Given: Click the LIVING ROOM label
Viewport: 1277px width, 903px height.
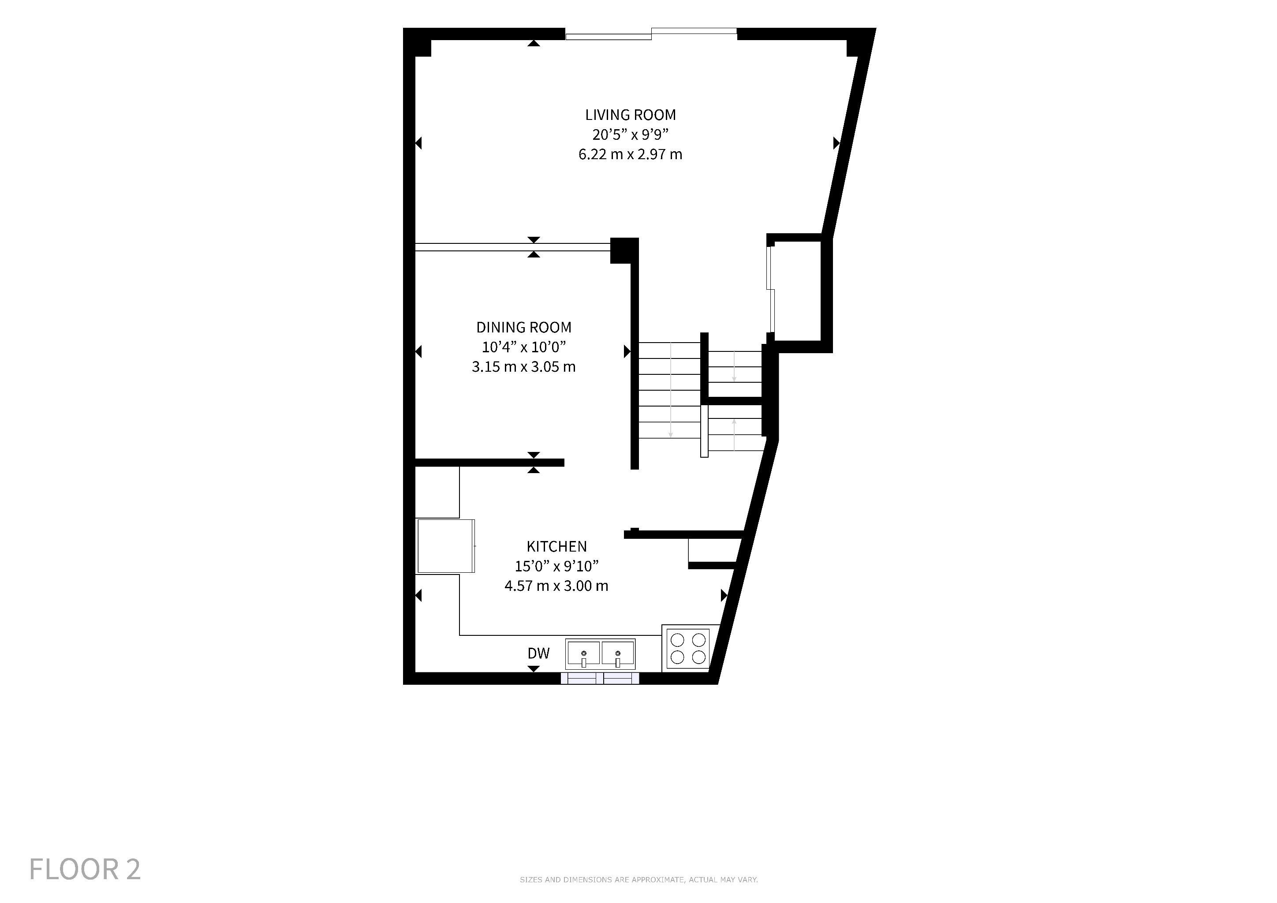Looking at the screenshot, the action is [x=630, y=115].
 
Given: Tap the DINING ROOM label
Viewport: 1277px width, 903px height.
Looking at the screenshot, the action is [x=523, y=328].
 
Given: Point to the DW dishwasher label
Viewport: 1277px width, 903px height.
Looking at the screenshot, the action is [x=538, y=653].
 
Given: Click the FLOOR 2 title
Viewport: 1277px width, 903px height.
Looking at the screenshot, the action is [x=85, y=869].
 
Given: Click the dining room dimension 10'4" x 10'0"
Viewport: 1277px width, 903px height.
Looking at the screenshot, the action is [x=523, y=347].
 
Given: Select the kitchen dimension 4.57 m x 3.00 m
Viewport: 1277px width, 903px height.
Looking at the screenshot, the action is [x=556, y=586].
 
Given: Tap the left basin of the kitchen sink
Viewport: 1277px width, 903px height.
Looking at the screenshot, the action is [x=583, y=653].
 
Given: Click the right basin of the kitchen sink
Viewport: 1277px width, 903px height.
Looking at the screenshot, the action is [x=617, y=653].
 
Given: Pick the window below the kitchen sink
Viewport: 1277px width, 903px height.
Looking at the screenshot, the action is [x=600, y=678].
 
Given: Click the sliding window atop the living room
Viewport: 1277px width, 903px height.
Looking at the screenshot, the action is [x=651, y=34].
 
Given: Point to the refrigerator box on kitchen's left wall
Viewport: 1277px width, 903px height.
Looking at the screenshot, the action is [x=445, y=546].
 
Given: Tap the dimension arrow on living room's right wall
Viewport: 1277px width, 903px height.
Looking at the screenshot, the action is [x=836, y=143].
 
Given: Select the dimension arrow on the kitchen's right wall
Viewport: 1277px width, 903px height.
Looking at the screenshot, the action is [x=724, y=596].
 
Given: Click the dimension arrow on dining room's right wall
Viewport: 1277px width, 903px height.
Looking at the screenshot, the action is [x=627, y=351].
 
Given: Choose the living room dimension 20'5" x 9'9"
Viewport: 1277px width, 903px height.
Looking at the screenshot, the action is [x=630, y=134].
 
